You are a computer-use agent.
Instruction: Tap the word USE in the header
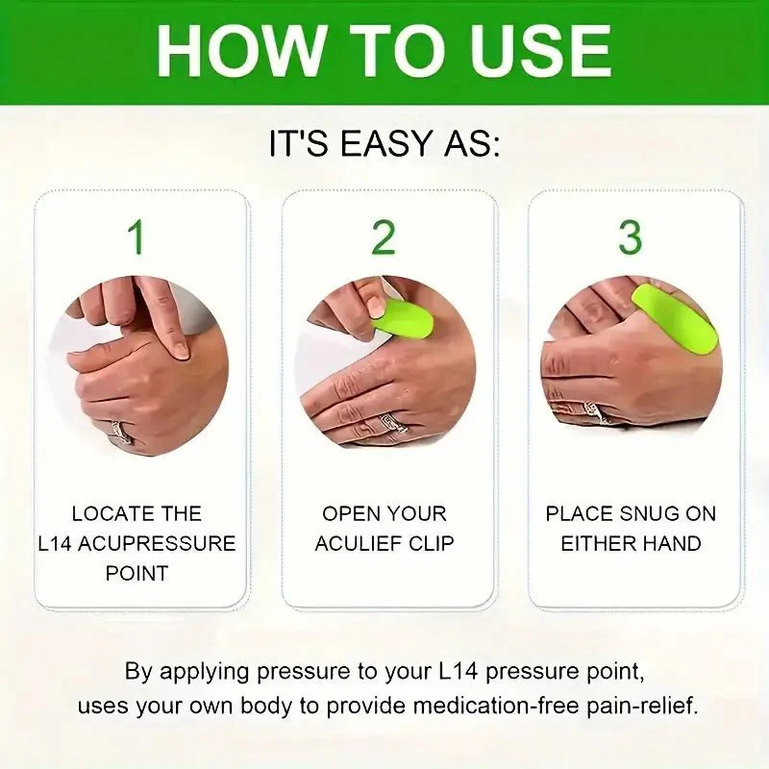click(535, 49)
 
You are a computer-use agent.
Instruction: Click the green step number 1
click(136, 236)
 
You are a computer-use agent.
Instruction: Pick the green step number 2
click(384, 236)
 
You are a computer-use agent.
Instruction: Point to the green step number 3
click(631, 236)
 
